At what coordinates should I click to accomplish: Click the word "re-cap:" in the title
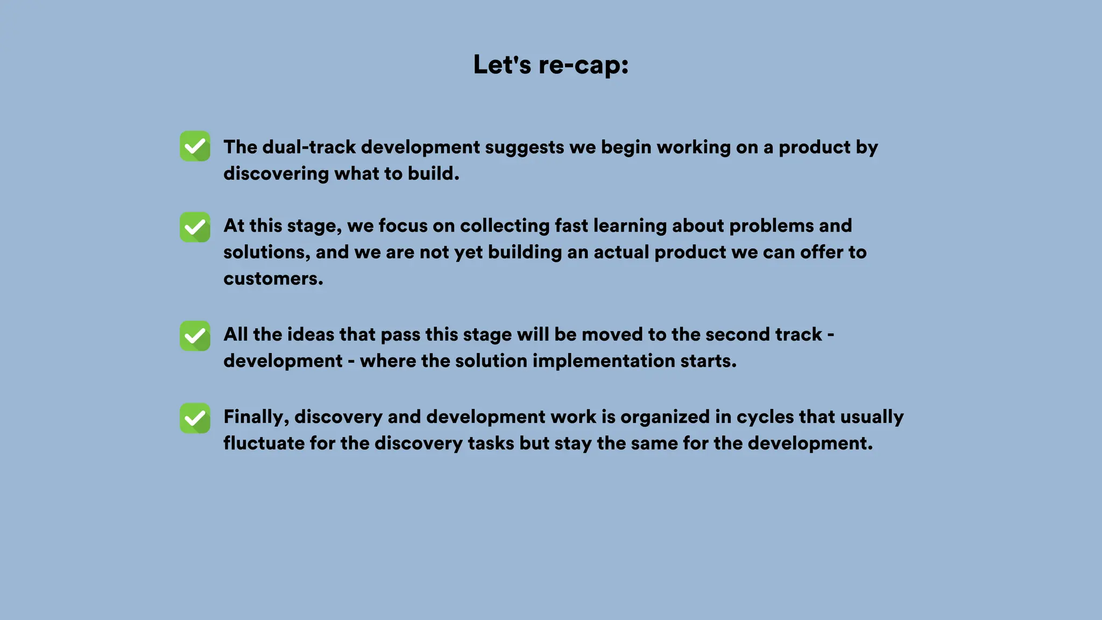tap(583, 65)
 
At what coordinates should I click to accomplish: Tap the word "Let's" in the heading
tap(502, 65)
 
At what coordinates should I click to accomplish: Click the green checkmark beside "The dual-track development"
tap(195, 146)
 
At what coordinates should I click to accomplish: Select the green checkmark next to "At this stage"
tap(195, 227)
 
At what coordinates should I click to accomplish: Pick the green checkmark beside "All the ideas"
tap(195, 336)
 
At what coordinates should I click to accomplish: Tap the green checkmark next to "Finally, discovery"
tap(195, 418)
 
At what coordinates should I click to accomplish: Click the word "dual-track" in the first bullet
tap(309, 147)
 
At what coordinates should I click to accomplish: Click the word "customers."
tap(273, 279)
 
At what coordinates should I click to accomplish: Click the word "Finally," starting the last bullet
tap(256, 417)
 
